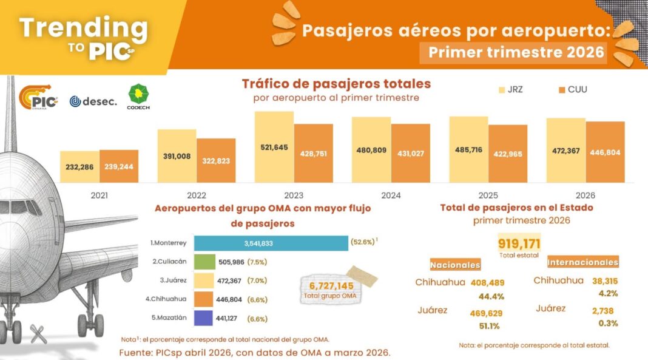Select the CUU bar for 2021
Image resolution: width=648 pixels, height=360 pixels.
(119, 166)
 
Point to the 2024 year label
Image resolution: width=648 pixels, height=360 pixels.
(391, 195)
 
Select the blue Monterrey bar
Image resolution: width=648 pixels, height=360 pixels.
(271, 243)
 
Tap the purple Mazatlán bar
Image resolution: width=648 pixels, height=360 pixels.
(203, 318)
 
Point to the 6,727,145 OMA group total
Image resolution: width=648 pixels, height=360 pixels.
(332, 286)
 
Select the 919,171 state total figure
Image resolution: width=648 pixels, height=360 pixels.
(519, 244)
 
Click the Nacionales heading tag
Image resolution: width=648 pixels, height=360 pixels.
(455, 265)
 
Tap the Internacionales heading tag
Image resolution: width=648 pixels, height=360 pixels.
(582, 263)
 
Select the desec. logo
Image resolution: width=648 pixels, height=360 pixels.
(93, 101)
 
